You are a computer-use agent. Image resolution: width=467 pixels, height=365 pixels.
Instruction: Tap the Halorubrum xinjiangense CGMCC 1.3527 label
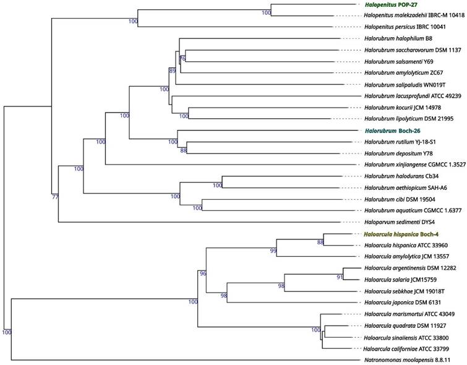pos(413,165)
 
